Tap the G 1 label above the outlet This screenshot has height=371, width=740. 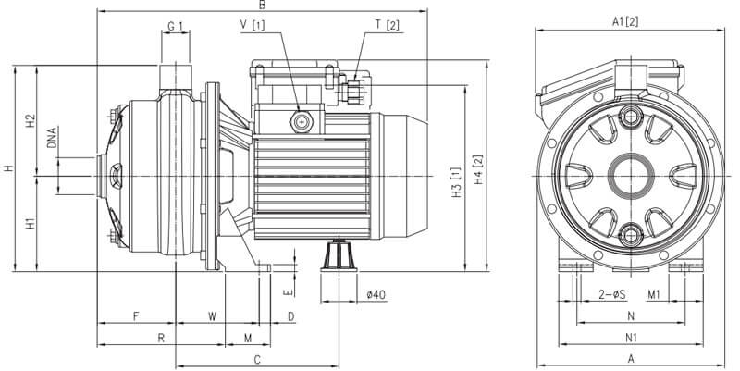(x=175, y=26)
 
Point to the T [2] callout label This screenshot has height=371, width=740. (x=388, y=26)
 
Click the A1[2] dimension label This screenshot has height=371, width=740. (x=625, y=21)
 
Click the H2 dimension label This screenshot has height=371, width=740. (x=31, y=120)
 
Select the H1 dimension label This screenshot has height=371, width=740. (x=31, y=224)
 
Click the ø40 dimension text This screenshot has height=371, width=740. (x=376, y=294)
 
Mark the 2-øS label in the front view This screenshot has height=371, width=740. (x=612, y=294)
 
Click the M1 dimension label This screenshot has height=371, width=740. (x=653, y=294)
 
